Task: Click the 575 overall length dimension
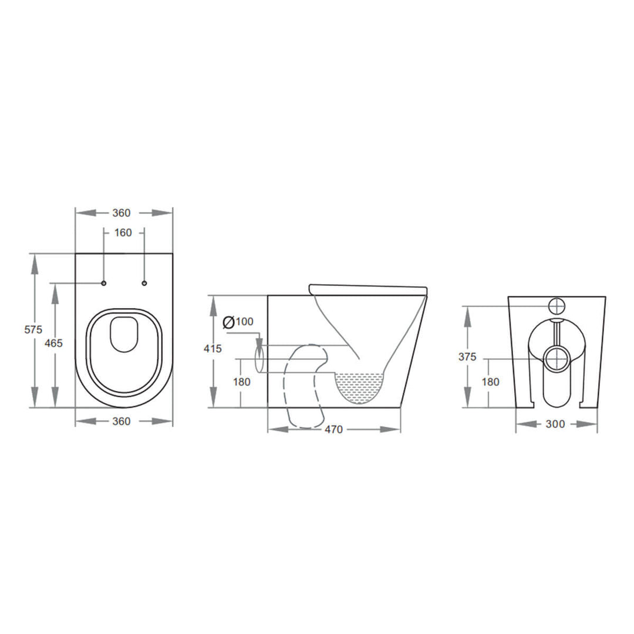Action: point(33,330)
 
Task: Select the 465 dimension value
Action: point(53,343)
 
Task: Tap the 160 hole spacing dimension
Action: point(123,233)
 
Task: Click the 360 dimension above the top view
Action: point(121,213)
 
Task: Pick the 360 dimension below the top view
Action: point(121,421)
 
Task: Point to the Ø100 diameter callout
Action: point(238,322)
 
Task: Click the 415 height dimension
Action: point(212,349)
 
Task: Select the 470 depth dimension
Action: point(333,430)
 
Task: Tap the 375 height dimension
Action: point(468,357)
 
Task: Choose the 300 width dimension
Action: point(555,424)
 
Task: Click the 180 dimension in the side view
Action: point(241,382)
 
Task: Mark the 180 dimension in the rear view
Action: point(491,382)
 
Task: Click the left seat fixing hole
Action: point(104,284)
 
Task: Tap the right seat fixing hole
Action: point(144,284)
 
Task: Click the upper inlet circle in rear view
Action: point(556,305)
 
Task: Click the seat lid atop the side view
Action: point(367,288)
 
